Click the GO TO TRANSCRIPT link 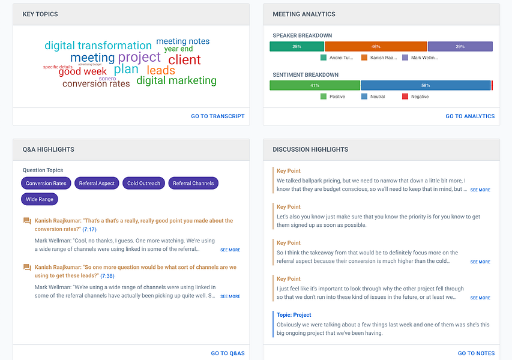click(x=218, y=116)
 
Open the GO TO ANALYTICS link click(x=470, y=116)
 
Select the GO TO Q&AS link click(x=227, y=353)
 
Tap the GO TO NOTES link click(x=476, y=353)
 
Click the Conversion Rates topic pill click(x=47, y=184)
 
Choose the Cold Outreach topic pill click(x=143, y=184)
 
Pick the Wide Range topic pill click(x=40, y=199)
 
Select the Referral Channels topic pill click(x=193, y=184)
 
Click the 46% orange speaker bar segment click(x=376, y=46)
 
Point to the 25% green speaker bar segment click(x=297, y=46)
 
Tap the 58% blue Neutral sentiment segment click(x=426, y=85)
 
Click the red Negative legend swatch click(x=405, y=97)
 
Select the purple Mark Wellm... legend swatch click(x=405, y=58)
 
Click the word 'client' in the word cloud click(x=184, y=60)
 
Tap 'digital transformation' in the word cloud click(x=98, y=46)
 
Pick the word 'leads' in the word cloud click(x=161, y=70)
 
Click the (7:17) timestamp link click(x=89, y=229)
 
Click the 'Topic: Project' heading click(x=294, y=314)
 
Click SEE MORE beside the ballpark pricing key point click(x=480, y=190)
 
